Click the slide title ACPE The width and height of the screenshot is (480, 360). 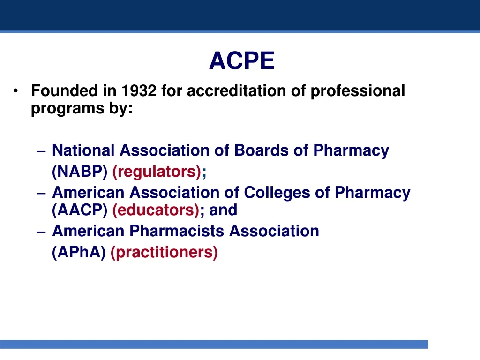click(242, 61)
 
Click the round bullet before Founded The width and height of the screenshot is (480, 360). click(17, 91)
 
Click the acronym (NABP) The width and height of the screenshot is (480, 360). click(80, 172)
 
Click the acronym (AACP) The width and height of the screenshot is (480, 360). click(80, 210)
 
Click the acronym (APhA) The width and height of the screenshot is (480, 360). click(79, 252)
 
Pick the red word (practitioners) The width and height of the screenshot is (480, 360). click(164, 252)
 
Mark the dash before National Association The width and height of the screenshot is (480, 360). click(40, 151)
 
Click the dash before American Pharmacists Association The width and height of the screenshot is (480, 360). click(40, 232)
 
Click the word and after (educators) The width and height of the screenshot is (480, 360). click(223, 210)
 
